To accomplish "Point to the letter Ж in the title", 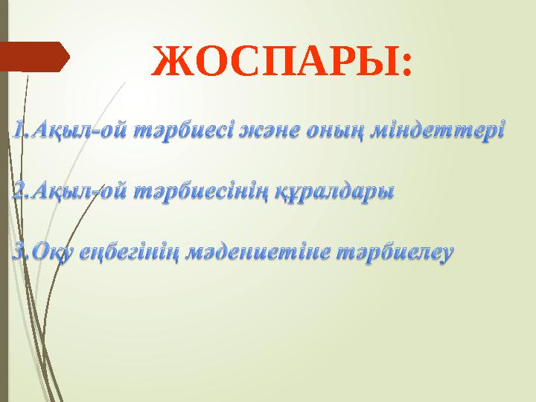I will tap(168, 63).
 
